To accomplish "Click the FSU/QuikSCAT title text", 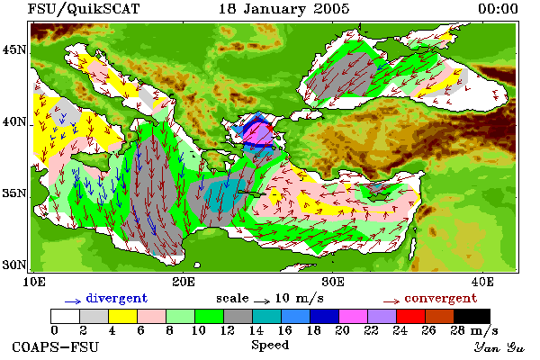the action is coord(84,9).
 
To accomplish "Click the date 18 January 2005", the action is coord(284,9).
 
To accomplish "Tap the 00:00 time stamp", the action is coord(498,9).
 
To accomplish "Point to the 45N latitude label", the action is coord(14,50).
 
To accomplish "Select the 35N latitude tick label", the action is coord(14,193).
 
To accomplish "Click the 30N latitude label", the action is coord(14,265).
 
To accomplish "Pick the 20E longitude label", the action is coord(184,282).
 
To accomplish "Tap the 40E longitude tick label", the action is coord(482,282).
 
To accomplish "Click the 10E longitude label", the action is coord(34,282).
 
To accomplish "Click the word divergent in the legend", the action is coord(117,298).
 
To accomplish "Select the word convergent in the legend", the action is coord(441,298).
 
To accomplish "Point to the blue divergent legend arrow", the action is coord(73,301).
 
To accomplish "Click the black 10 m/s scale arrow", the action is coord(262,301).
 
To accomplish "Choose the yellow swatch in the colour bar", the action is coord(122,316).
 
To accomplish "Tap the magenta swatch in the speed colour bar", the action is coord(353,316).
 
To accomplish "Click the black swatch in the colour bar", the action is coord(472,316).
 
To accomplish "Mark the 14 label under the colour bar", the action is coord(256,330).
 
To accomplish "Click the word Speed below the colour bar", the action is coord(270,346).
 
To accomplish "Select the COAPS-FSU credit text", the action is coord(55,347).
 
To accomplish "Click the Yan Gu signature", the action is coord(499,347).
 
